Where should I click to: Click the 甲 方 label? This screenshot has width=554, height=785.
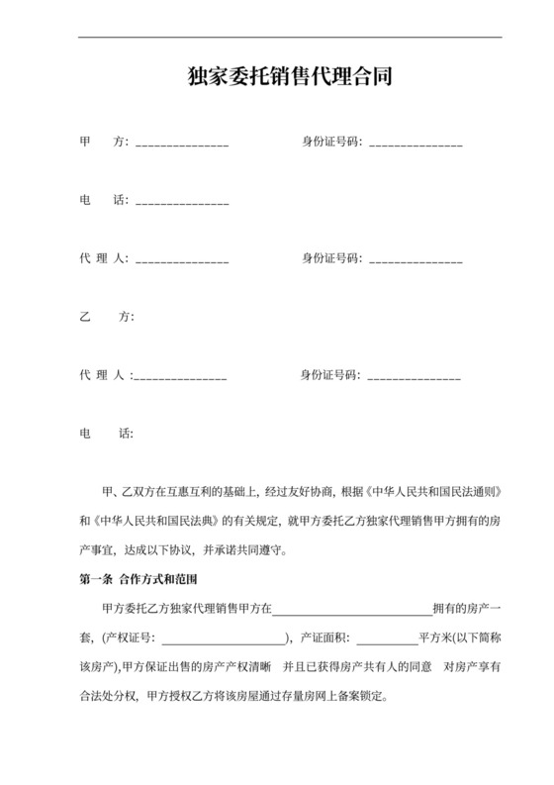[x=104, y=142]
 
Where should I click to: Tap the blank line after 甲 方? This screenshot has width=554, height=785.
[x=182, y=145]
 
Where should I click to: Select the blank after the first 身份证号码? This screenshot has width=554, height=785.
[x=415, y=145]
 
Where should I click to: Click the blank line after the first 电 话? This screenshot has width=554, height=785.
[x=182, y=203]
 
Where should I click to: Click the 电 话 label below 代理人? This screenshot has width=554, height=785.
[x=104, y=433]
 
